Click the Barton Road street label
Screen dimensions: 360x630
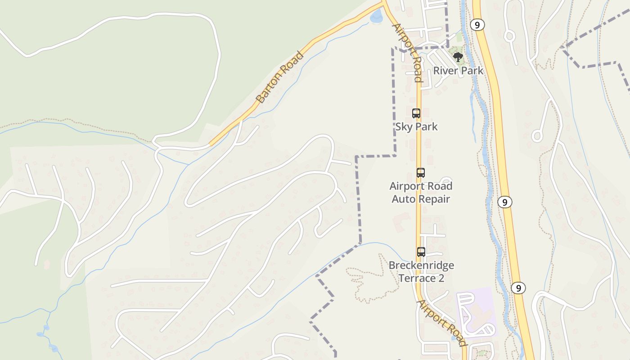click(279, 77)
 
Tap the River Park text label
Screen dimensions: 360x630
click(458, 71)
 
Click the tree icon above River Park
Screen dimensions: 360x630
click(458, 57)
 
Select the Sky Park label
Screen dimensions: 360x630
click(416, 126)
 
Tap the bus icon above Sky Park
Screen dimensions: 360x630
click(416, 113)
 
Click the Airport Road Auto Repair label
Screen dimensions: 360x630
click(421, 192)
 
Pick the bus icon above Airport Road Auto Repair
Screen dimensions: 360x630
click(420, 173)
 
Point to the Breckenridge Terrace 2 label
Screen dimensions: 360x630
click(421, 271)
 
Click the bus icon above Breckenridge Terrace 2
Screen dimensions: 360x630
click(421, 252)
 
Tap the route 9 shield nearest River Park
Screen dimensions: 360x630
click(477, 24)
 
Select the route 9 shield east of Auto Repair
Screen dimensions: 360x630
click(505, 202)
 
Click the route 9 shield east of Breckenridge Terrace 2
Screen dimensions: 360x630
click(518, 288)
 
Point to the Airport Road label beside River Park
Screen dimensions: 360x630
click(408, 52)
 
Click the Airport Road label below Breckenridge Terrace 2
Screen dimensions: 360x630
click(441, 323)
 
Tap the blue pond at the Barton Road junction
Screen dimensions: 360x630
click(376, 17)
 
